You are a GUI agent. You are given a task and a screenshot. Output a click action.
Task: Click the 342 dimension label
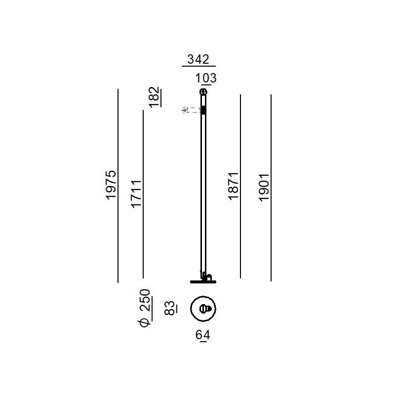(x=198, y=59)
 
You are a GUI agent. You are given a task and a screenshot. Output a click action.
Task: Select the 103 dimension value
(x=206, y=78)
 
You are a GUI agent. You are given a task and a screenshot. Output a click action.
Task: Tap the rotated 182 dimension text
(x=154, y=97)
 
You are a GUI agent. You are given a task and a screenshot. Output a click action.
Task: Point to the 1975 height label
(x=111, y=185)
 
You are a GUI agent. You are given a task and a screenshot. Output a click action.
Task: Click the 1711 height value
(x=136, y=194)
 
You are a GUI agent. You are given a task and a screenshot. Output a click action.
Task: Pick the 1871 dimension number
(x=233, y=186)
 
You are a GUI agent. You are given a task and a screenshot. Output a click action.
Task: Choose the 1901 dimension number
(x=264, y=188)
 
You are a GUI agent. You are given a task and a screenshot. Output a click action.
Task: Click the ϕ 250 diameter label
(x=145, y=308)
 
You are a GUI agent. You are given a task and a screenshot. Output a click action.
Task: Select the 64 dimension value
(x=203, y=335)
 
